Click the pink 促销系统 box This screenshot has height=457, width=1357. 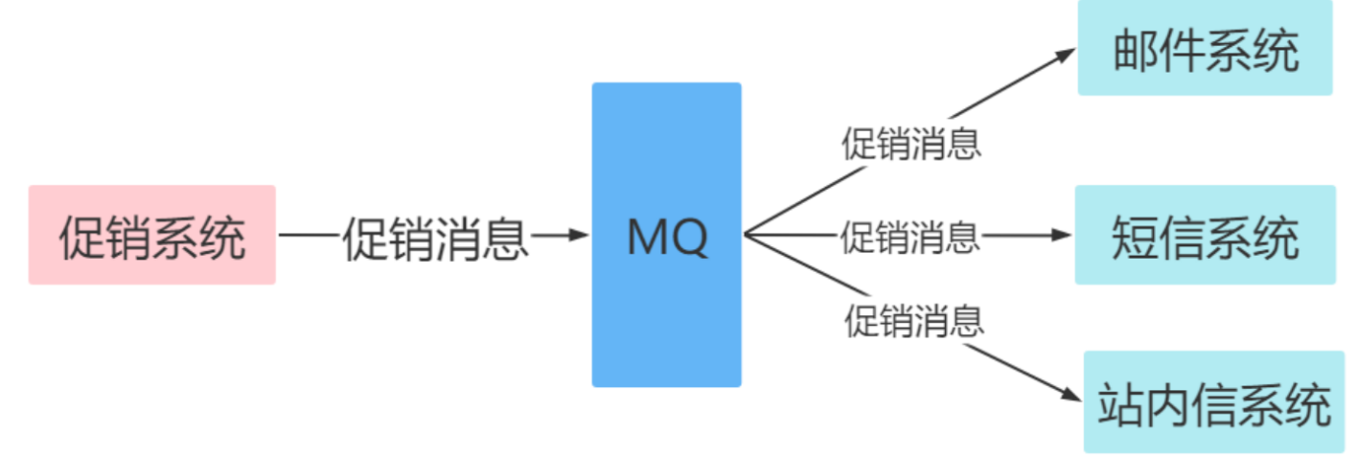[x=151, y=235]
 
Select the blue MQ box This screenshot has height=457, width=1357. [x=666, y=235]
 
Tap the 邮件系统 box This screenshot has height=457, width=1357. [x=1205, y=48]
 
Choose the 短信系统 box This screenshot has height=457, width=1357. [x=1205, y=235]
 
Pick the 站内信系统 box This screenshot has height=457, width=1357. [x=1213, y=402]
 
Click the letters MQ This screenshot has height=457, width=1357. [x=667, y=237]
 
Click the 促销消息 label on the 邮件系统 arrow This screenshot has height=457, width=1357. [x=910, y=145]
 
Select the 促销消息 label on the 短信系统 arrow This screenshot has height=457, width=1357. [x=910, y=236]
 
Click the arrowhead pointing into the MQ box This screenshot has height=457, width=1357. [x=578, y=235]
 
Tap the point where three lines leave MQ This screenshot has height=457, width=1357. [x=746, y=235]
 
